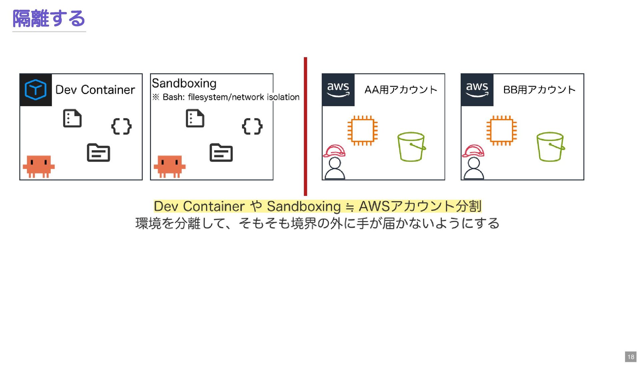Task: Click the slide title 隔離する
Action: point(49,19)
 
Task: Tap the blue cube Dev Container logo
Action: point(36,90)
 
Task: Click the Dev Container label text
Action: point(95,90)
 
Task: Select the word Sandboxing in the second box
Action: point(184,83)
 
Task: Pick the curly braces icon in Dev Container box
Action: point(121,126)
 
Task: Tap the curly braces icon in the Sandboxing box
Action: point(252,126)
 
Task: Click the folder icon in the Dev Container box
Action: point(98,153)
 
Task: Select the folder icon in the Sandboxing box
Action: point(221,153)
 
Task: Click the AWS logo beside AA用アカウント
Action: point(338,90)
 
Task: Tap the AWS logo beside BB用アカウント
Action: point(477,90)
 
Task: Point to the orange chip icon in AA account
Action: point(362,130)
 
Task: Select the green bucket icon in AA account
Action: point(411,147)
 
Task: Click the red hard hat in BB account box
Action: point(473,151)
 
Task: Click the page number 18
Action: point(631,357)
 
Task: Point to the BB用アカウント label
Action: point(539,90)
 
